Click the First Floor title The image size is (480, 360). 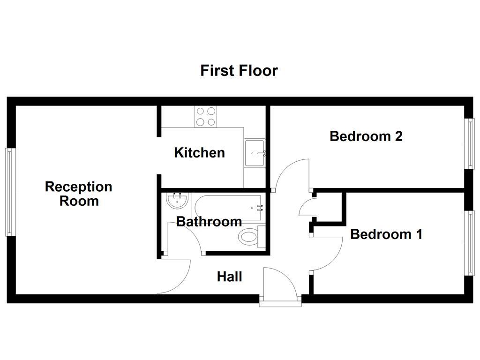pyautogui.click(x=239, y=71)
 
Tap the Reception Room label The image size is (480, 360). pyautogui.click(x=79, y=194)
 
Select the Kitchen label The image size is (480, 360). pyautogui.click(x=199, y=153)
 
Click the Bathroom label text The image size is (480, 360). pyautogui.click(x=209, y=222)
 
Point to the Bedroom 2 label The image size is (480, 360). pyautogui.click(x=366, y=136)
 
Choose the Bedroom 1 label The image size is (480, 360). pyautogui.click(x=386, y=234)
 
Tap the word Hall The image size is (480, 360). pyautogui.click(x=229, y=277)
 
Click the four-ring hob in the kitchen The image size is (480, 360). pyautogui.click(x=206, y=117)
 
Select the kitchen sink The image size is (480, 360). pyautogui.click(x=255, y=153)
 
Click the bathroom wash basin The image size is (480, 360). pyautogui.click(x=177, y=202)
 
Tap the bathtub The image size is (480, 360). pyautogui.click(x=229, y=207)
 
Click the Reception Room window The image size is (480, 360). pyautogui.click(x=8, y=192)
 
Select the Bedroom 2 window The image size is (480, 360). pyautogui.click(x=469, y=143)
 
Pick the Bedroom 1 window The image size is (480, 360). pyautogui.click(x=469, y=243)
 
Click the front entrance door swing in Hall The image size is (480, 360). pyautogui.click(x=280, y=281)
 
